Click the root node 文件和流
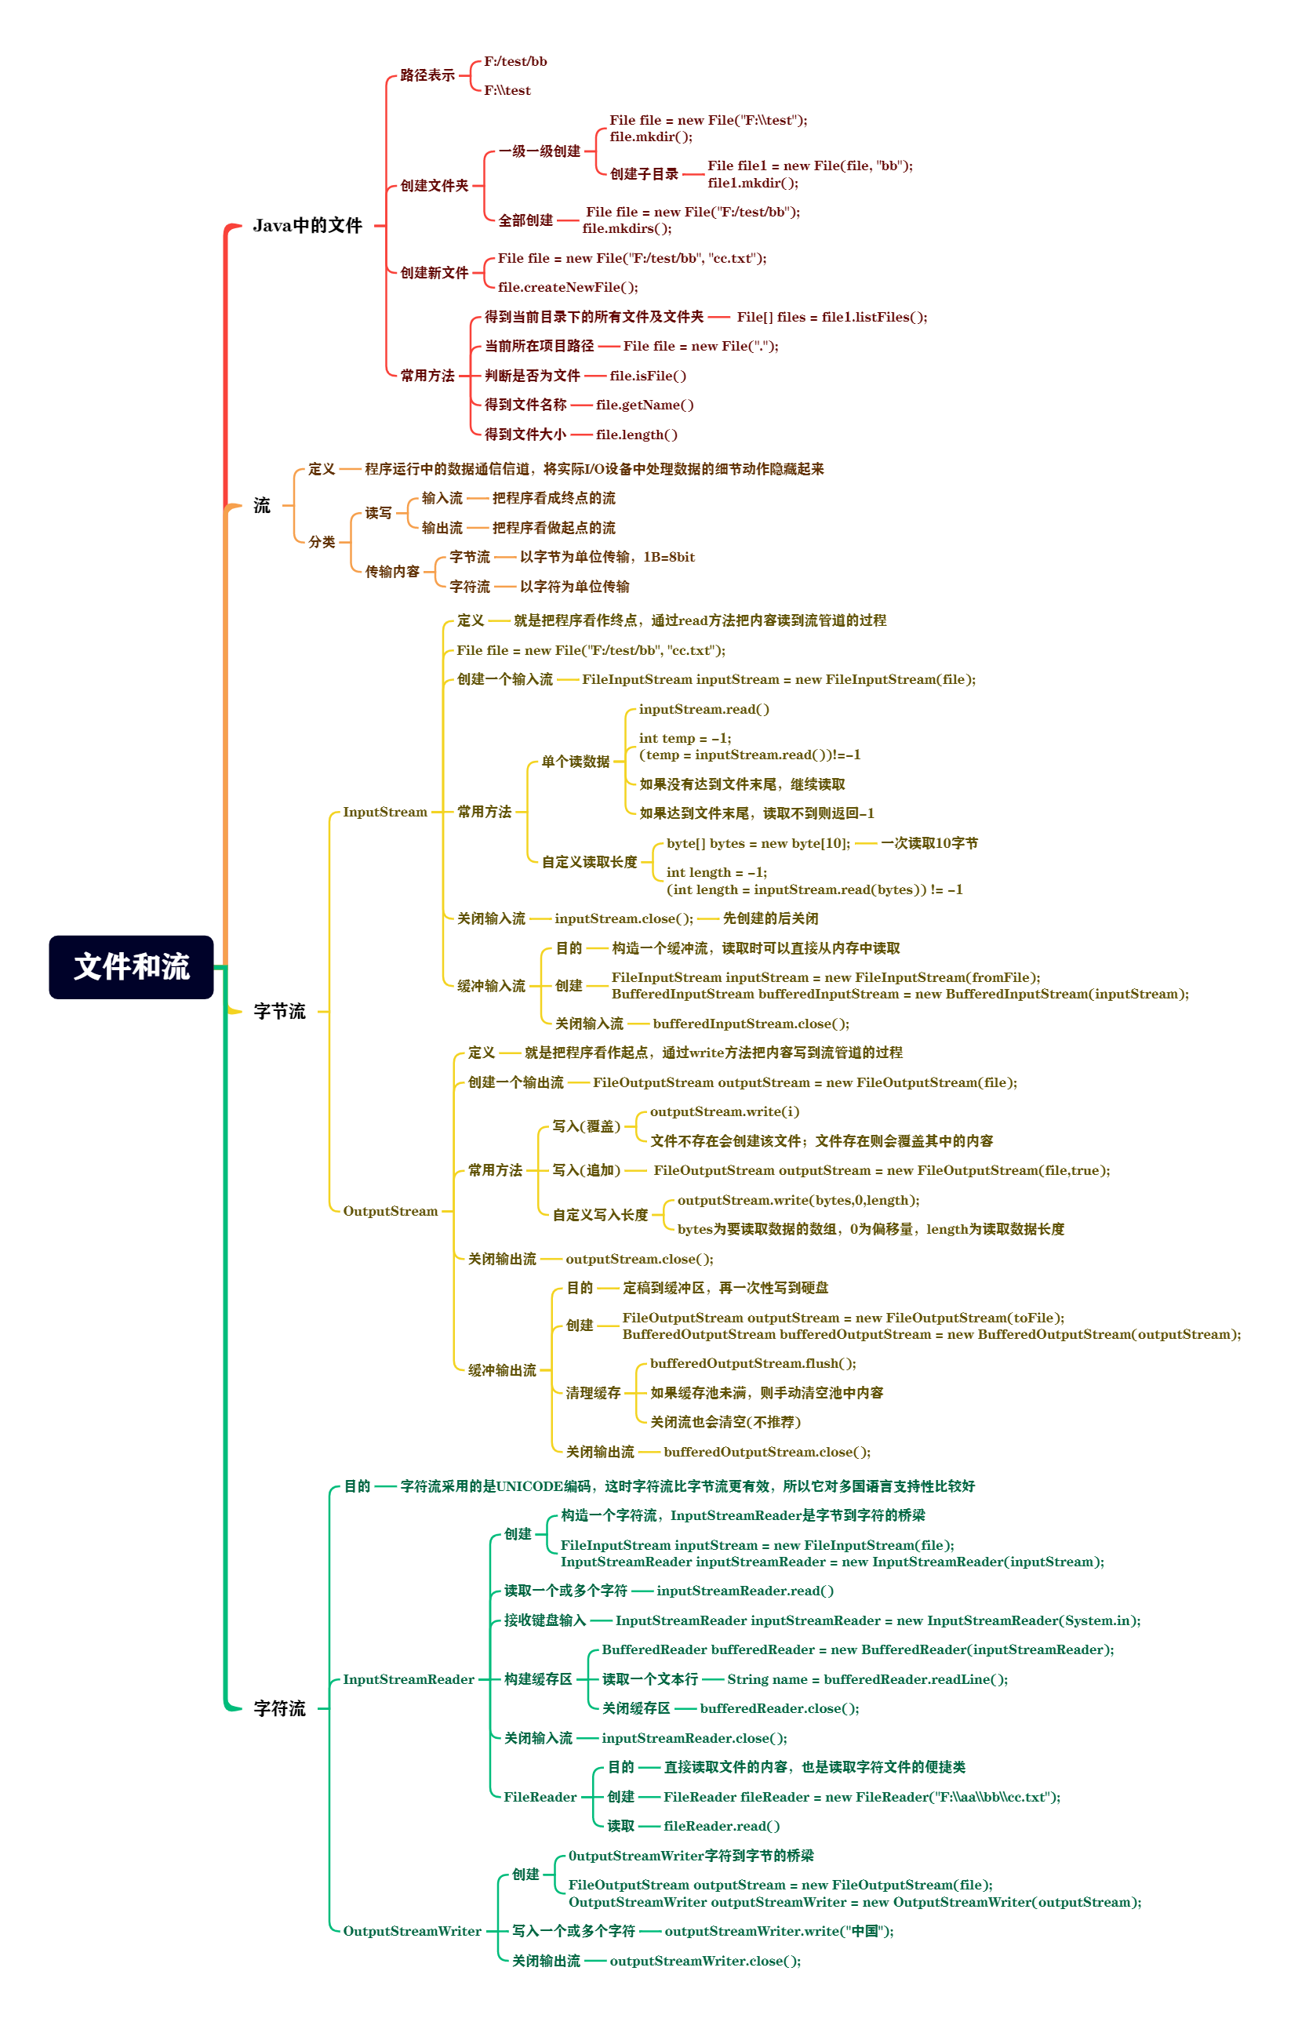[x=131, y=966]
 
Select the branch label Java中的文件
[x=307, y=225]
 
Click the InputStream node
[x=384, y=812]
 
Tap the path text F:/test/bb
[x=515, y=61]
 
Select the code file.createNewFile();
[x=567, y=286]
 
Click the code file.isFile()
[x=647, y=375]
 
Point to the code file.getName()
[x=644, y=405]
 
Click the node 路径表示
[x=427, y=75]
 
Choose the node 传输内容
[x=392, y=572]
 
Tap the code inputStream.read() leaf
[x=703, y=709]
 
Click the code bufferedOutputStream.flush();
[x=752, y=1363]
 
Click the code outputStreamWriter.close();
[x=704, y=1961]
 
